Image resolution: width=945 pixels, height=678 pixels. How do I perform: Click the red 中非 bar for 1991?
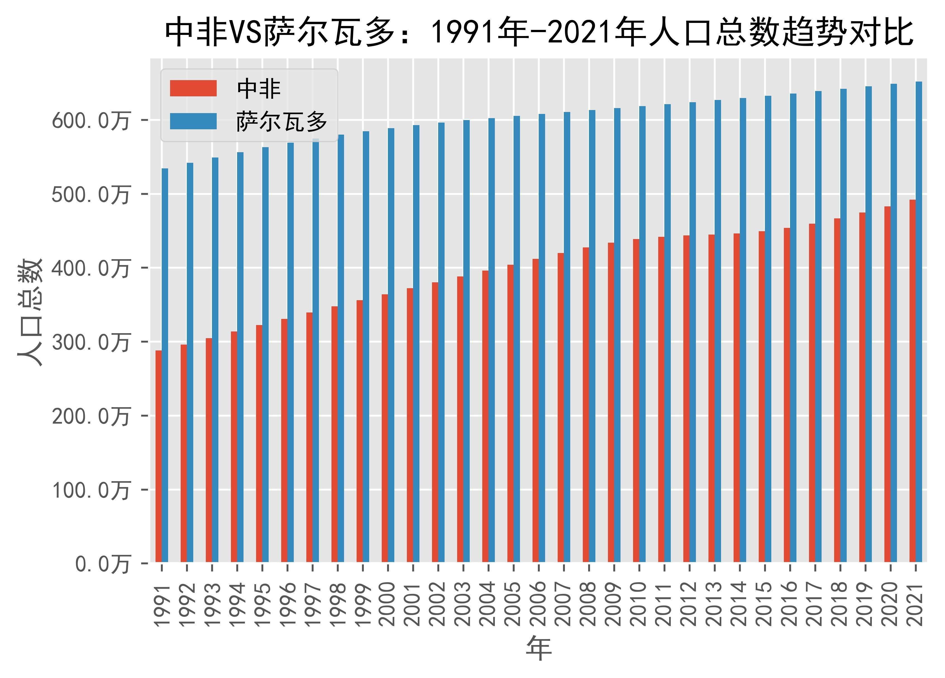[158, 456]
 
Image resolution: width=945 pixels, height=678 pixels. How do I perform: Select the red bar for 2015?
[762, 396]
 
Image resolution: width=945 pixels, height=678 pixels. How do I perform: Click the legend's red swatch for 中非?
[193, 88]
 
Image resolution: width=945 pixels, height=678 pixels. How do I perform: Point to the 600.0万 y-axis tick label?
[90, 121]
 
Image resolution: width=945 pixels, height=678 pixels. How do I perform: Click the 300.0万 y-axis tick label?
[90, 343]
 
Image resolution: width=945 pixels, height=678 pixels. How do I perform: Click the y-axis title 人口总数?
[30, 312]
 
